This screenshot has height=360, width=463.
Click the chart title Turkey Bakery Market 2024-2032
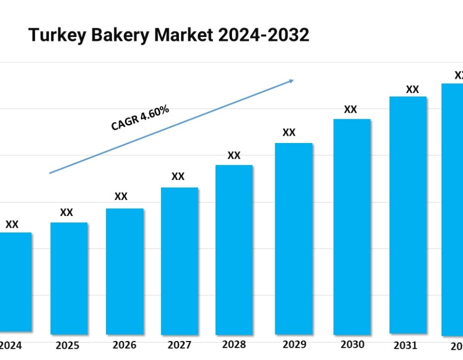click(169, 35)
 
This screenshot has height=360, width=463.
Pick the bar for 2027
click(180, 260)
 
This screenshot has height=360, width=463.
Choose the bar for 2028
click(234, 249)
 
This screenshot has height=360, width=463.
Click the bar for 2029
click(294, 238)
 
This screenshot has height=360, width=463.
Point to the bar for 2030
click(352, 226)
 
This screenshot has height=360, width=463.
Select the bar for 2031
click(408, 214)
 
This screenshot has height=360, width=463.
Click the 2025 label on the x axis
click(68, 345)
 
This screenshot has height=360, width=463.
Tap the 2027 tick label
click(179, 345)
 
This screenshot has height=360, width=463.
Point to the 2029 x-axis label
click(293, 344)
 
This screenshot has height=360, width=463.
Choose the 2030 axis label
click(352, 344)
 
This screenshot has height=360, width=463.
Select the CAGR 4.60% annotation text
click(140, 118)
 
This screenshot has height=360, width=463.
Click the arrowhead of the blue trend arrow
click(291, 81)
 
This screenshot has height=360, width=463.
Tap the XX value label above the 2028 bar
click(234, 155)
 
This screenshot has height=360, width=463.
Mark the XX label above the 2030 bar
click(350, 109)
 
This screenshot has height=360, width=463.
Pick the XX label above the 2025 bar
click(66, 212)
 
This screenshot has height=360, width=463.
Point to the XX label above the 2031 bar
click(412, 89)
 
